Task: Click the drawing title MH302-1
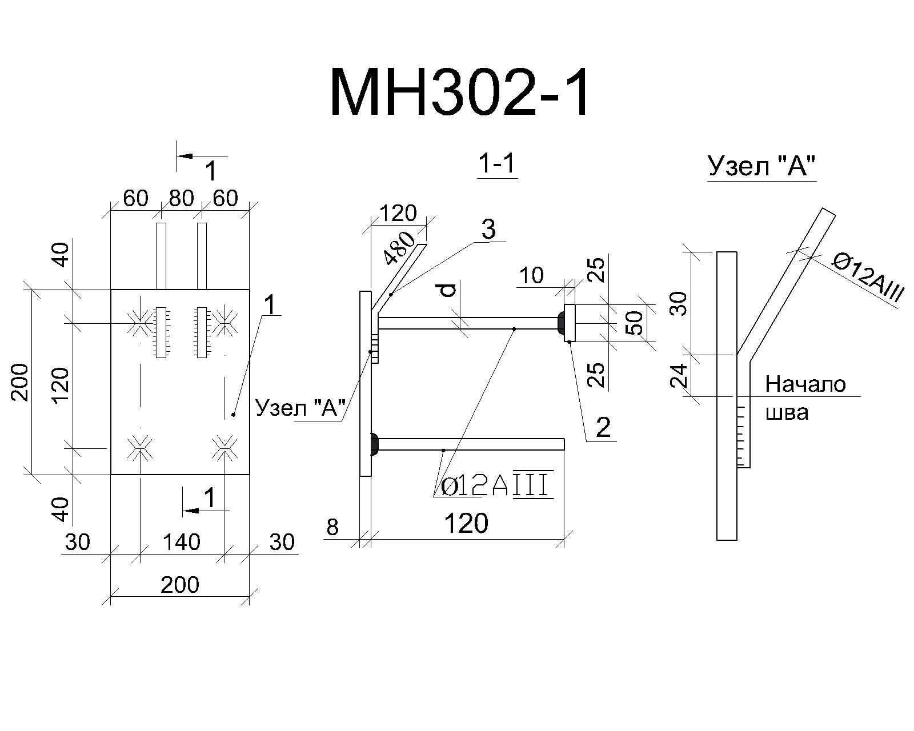coord(459,92)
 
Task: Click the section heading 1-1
coord(497,163)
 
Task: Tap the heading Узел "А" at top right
coord(761,166)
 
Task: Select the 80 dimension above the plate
coord(181,198)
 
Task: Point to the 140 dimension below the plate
coord(181,543)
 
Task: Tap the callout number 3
coord(488,230)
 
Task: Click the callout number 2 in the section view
coord(603,427)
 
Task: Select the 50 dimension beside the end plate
coord(635,323)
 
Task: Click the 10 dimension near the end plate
coord(531,276)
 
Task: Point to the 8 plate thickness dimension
coord(332,527)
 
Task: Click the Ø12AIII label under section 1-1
coord(498,487)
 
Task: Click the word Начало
coord(805,385)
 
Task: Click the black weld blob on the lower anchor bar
coord(374,444)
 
